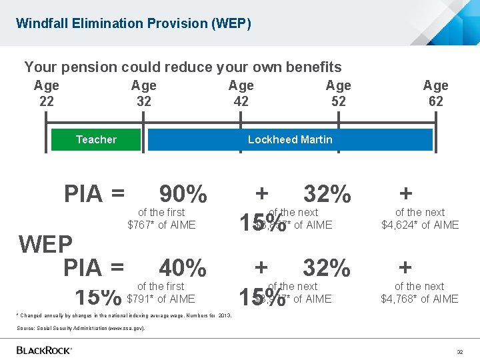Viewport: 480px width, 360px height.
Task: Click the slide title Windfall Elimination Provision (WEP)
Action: point(133,23)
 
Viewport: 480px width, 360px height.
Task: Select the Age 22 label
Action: point(47,93)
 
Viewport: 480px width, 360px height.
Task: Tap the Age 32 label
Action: point(143,93)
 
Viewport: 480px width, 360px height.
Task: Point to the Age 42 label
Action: point(241,93)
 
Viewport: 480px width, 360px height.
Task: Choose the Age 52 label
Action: point(338,93)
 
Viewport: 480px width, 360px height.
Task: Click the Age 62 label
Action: point(435,93)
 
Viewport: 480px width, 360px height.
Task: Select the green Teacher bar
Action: point(96,139)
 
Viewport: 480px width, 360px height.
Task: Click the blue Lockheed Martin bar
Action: point(290,139)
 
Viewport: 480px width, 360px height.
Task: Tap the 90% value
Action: point(183,194)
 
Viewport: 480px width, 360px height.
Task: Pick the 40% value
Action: point(183,268)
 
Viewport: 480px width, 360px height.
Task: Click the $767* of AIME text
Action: point(161,225)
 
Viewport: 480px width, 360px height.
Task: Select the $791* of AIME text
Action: point(161,299)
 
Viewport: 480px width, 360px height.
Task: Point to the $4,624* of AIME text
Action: point(420,225)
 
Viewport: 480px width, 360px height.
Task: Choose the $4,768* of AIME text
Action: point(420,299)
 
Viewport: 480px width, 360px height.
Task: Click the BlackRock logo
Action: point(44,350)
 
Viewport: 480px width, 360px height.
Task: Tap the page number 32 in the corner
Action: point(459,351)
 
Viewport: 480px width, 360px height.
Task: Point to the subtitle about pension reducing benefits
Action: point(183,67)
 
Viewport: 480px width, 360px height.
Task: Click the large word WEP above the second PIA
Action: point(45,245)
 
